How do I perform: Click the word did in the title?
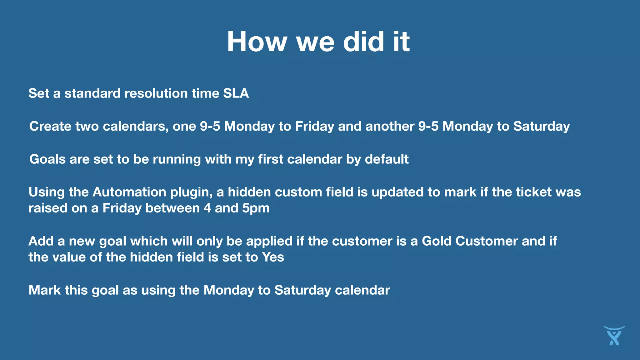point(363,42)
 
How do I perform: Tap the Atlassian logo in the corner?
point(614,336)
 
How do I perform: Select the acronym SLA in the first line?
point(236,93)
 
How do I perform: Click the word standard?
point(92,93)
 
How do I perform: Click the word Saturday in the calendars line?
point(542,126)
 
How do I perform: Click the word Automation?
point(129,192)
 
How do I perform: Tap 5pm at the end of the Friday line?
point(256,208)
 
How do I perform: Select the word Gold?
point(437,241)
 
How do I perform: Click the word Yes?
point(273,257)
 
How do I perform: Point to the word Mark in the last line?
point(45,290)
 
